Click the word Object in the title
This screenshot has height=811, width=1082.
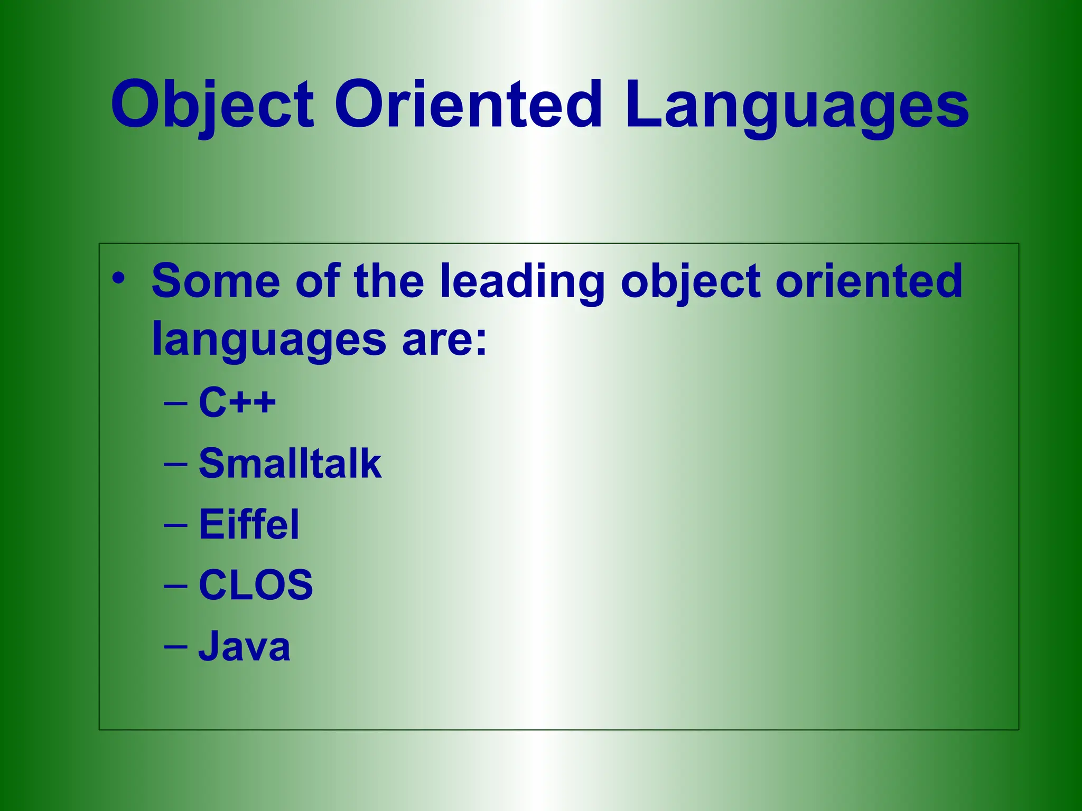coord(212,106)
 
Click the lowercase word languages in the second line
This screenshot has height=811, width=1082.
coord(269,341)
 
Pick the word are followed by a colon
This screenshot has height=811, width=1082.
coord(443,341)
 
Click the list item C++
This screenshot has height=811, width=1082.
coord(237,402)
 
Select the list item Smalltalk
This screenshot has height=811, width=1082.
coord(290,464)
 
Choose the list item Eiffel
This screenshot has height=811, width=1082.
coord(249,524)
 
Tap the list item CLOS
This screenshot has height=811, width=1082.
coord(256,585)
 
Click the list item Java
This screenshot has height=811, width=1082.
coord(245,646)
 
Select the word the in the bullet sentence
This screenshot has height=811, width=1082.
coord(389,281)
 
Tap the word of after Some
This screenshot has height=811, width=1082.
coord(317,281)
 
